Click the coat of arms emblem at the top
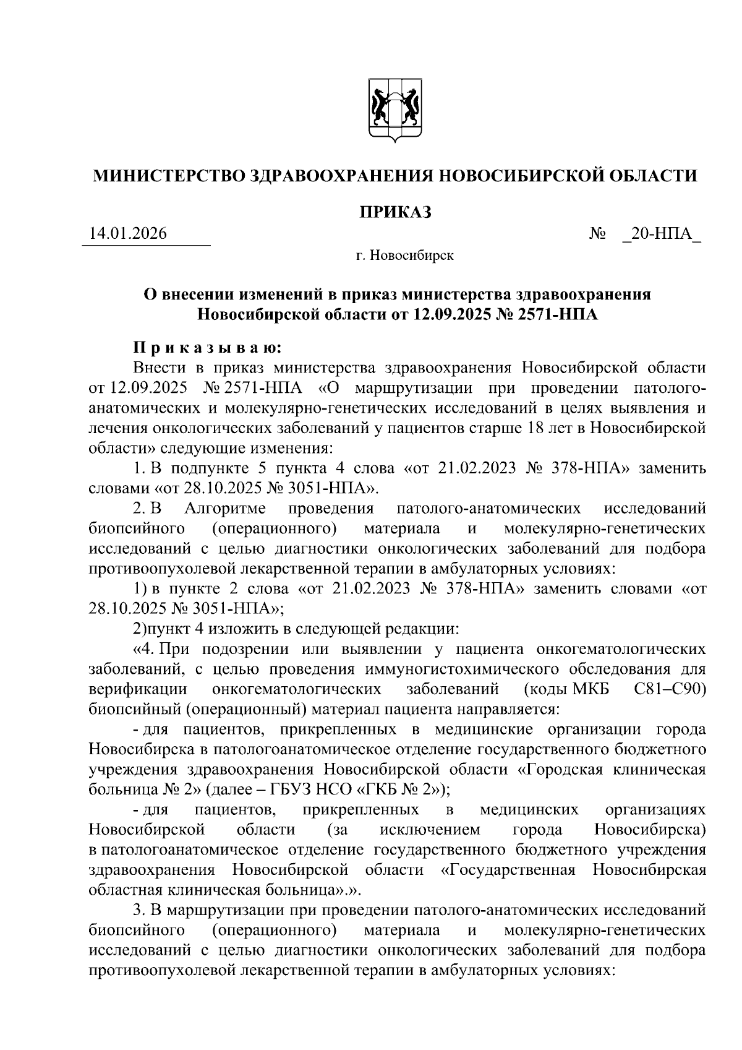click(x=395, y=111)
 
